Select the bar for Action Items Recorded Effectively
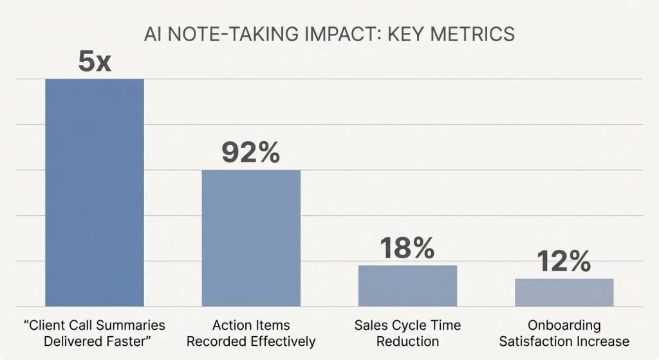pyautogui.click(x=251, y=238)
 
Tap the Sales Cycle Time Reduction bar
pyautogui.click(x=407, y=285)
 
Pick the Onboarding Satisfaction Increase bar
pyautogui.click(x=564, y=292)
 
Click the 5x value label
pyautogui.click(x=94, y=62)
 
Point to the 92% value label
pyautogui.click(x=251, y=153)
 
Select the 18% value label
pyautogui.click(x=407, y=249)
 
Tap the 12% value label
pyautogui.click(x=564, y=261)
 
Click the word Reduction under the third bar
pyautogui.click(x=407, y=341)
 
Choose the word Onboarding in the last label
pyautogui.click(x=564, y=325)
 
